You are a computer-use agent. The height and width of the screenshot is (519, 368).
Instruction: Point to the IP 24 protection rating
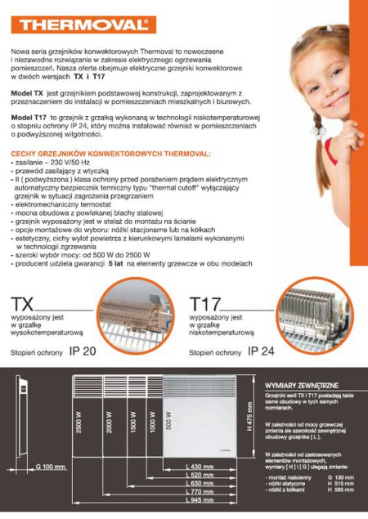tap(261, 351)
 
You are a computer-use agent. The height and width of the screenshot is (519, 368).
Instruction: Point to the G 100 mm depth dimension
tap(51, 467)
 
